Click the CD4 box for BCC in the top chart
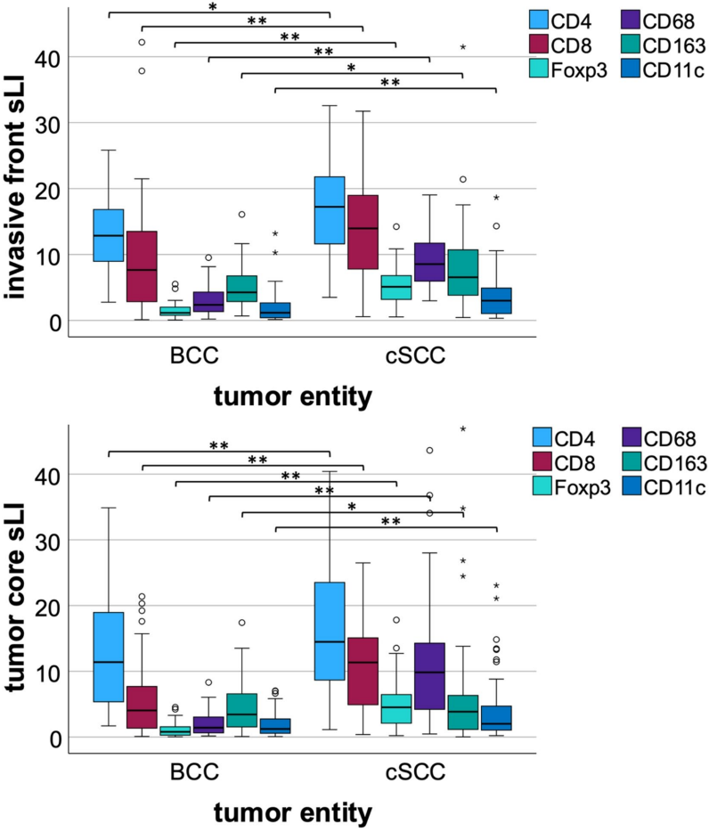pyautogui.click(x=109, y=235)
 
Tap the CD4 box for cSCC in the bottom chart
pyautogui.click(x=330, y=631)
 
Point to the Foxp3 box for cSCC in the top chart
pyautogui.click(x=396, y=289)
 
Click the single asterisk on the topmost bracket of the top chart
pyautogui.click(x=213, y=8)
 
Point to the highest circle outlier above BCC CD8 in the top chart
pyautogui.click(x=142, y=42)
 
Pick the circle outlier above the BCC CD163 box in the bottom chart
pyautogui.click(x=241, y=623)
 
